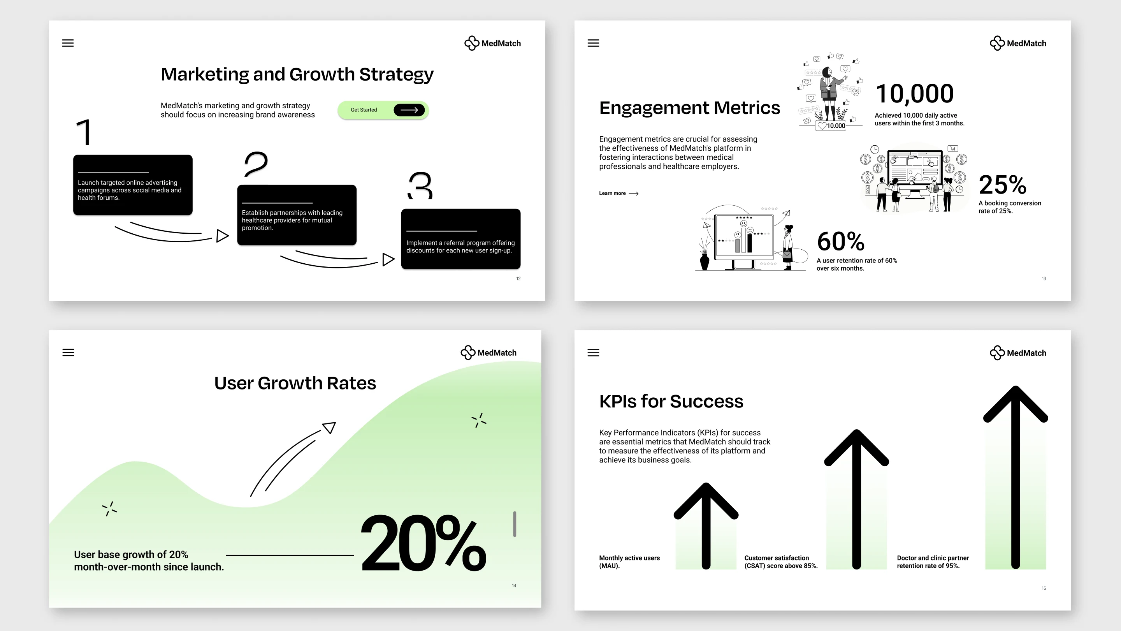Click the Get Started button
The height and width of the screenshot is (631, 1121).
[383, 110]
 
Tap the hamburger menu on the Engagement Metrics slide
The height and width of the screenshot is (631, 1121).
[593, 43]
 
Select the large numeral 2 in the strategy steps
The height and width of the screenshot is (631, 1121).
[255, 164]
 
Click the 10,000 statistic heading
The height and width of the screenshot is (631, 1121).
[914, 94]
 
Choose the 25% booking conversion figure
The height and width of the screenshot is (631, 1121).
[1003, 185]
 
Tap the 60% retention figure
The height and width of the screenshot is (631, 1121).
[840, 241]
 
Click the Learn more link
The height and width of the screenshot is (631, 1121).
[618, 193]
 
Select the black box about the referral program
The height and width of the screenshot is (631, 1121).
[460, 239]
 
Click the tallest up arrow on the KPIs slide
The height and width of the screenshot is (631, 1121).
[1016, 477]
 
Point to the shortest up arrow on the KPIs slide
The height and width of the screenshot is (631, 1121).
[706, 525]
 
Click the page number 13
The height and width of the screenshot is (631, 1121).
[1044, 279]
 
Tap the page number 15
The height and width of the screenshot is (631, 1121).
[1044, 588]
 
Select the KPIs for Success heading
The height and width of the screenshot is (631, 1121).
[671, 402]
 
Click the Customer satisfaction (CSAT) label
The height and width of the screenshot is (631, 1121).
[781, 562]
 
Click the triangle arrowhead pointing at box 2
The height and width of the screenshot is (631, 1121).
[222, 236]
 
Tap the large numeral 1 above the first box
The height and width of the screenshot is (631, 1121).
[84, 132]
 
